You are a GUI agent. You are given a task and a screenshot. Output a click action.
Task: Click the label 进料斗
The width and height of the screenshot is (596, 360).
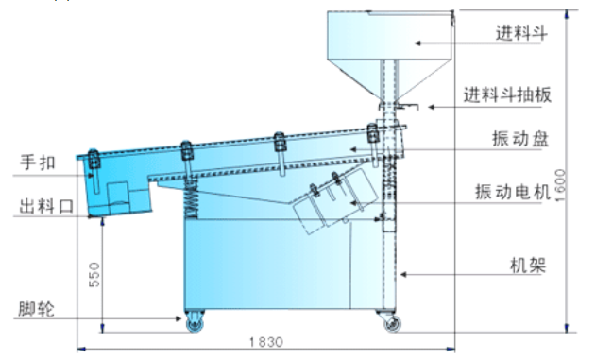pos(521,33)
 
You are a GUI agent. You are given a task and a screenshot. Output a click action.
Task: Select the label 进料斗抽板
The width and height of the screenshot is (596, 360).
pos(507,94)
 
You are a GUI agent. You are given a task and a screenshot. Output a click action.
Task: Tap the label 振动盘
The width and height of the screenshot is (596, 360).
pos(520,138)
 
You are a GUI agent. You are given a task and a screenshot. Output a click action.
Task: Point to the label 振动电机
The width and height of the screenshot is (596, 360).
pos(513,192)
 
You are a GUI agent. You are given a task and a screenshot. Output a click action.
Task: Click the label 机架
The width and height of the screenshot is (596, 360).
pos(528,265)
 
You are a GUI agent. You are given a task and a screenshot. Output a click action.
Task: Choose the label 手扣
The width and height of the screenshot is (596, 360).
pos(38,162)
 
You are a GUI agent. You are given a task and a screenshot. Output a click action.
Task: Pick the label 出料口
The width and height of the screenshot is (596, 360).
pos(46,206)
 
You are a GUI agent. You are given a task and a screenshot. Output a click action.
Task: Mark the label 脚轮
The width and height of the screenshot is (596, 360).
pos(37,309)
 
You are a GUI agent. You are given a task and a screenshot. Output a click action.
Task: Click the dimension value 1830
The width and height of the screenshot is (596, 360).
pos(266,342)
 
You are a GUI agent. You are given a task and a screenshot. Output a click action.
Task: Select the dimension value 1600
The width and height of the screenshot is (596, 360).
pos(560,185)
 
